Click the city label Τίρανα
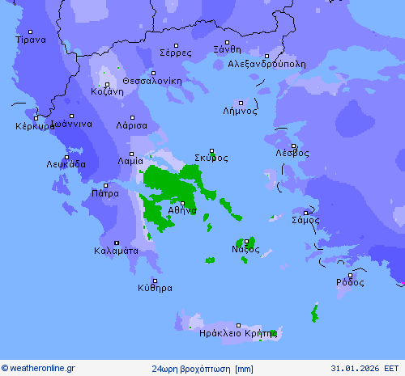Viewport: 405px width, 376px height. click(31, 39)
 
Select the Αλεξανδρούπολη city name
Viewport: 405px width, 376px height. click(266, 63)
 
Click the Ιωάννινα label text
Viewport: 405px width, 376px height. click(71, 124)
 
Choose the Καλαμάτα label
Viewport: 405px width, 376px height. click(116, 251)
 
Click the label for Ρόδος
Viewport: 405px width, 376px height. click(350, 282)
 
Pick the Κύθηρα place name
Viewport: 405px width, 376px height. click(155, 287)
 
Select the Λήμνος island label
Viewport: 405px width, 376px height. click(240, 111)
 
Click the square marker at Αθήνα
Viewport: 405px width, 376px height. click(182, 203)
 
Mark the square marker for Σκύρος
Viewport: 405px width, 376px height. click(212, 150)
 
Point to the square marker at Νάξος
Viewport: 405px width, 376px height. click(246, 241)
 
